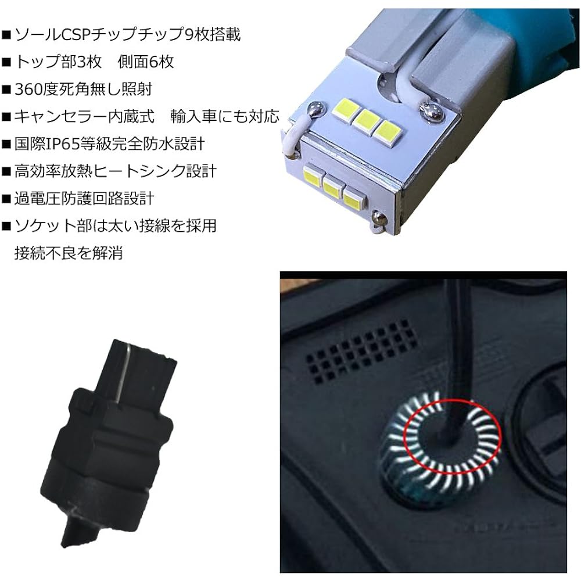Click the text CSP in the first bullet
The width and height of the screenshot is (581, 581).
click(x=76, y=35)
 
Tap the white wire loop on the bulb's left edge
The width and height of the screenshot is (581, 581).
click(x=292, y=139)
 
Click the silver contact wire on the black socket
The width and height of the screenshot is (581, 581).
click(x=123, y=376)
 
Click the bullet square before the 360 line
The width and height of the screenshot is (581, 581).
click(x=6, y=90)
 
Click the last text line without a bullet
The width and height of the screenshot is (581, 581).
click(x=69, y=253)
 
